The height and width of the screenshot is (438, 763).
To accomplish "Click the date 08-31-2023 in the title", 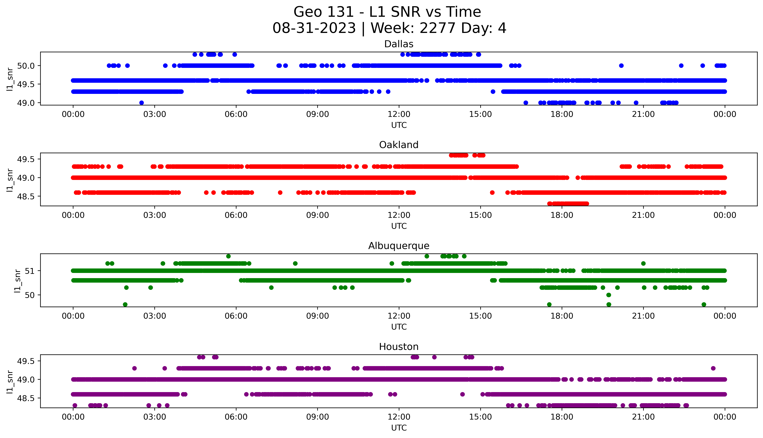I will (x=314, y=28).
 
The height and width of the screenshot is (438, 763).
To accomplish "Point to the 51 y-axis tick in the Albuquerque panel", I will (x=29, y=271).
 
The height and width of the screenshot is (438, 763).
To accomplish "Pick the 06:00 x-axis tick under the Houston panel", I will (x=236, y=417).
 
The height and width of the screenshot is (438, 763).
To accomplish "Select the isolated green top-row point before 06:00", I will (x=229, y=256).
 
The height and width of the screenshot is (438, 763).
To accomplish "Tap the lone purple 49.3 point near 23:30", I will (x=713, y=368).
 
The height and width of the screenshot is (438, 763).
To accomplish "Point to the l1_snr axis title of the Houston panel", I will (x=10, y=381).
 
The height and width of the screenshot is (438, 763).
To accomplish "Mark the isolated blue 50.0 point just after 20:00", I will (x=621, y=66).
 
